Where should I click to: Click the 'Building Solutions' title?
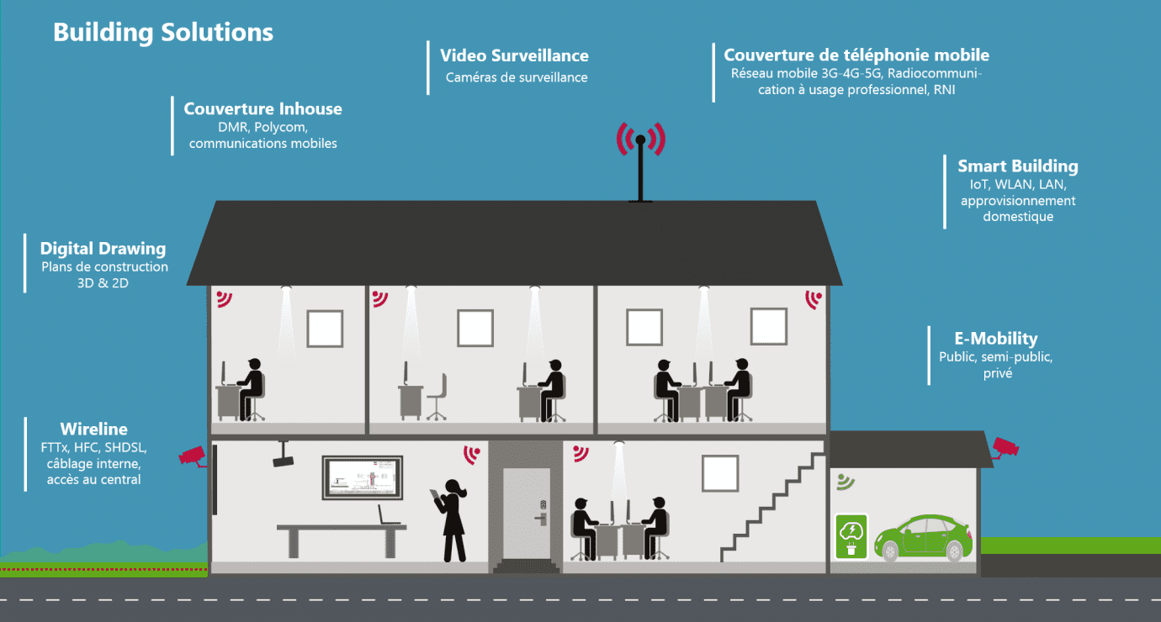[x=163, y=32]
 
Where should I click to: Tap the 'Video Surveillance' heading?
[x=514, y=55]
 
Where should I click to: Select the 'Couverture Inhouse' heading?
[x=262, y=108]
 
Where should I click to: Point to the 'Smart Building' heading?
[x=1017, y=166]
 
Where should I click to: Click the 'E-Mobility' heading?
[x=996, y=338]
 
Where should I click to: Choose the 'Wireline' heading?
[x=94, y=429]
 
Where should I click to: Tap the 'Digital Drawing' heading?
[x=103, y=249]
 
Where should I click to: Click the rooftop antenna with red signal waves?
[x=640, y=161]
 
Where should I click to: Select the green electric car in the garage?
[x=923, y=538]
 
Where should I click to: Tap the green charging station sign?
[x=851, y=536]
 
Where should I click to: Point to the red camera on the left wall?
[x=193, y=456]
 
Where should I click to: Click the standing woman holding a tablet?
[x=451, y=520]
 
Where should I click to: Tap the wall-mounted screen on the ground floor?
[x=363, y=477]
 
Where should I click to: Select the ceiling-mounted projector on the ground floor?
[x=283, y=454]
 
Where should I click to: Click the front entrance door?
[x=526, y=513]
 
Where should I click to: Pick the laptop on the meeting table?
[x=388, y=515]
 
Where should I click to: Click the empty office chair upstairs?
[x=437, y=397]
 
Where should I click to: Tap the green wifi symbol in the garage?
[x=846, y=482]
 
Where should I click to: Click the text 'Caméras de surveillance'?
[x=517, y=77]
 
